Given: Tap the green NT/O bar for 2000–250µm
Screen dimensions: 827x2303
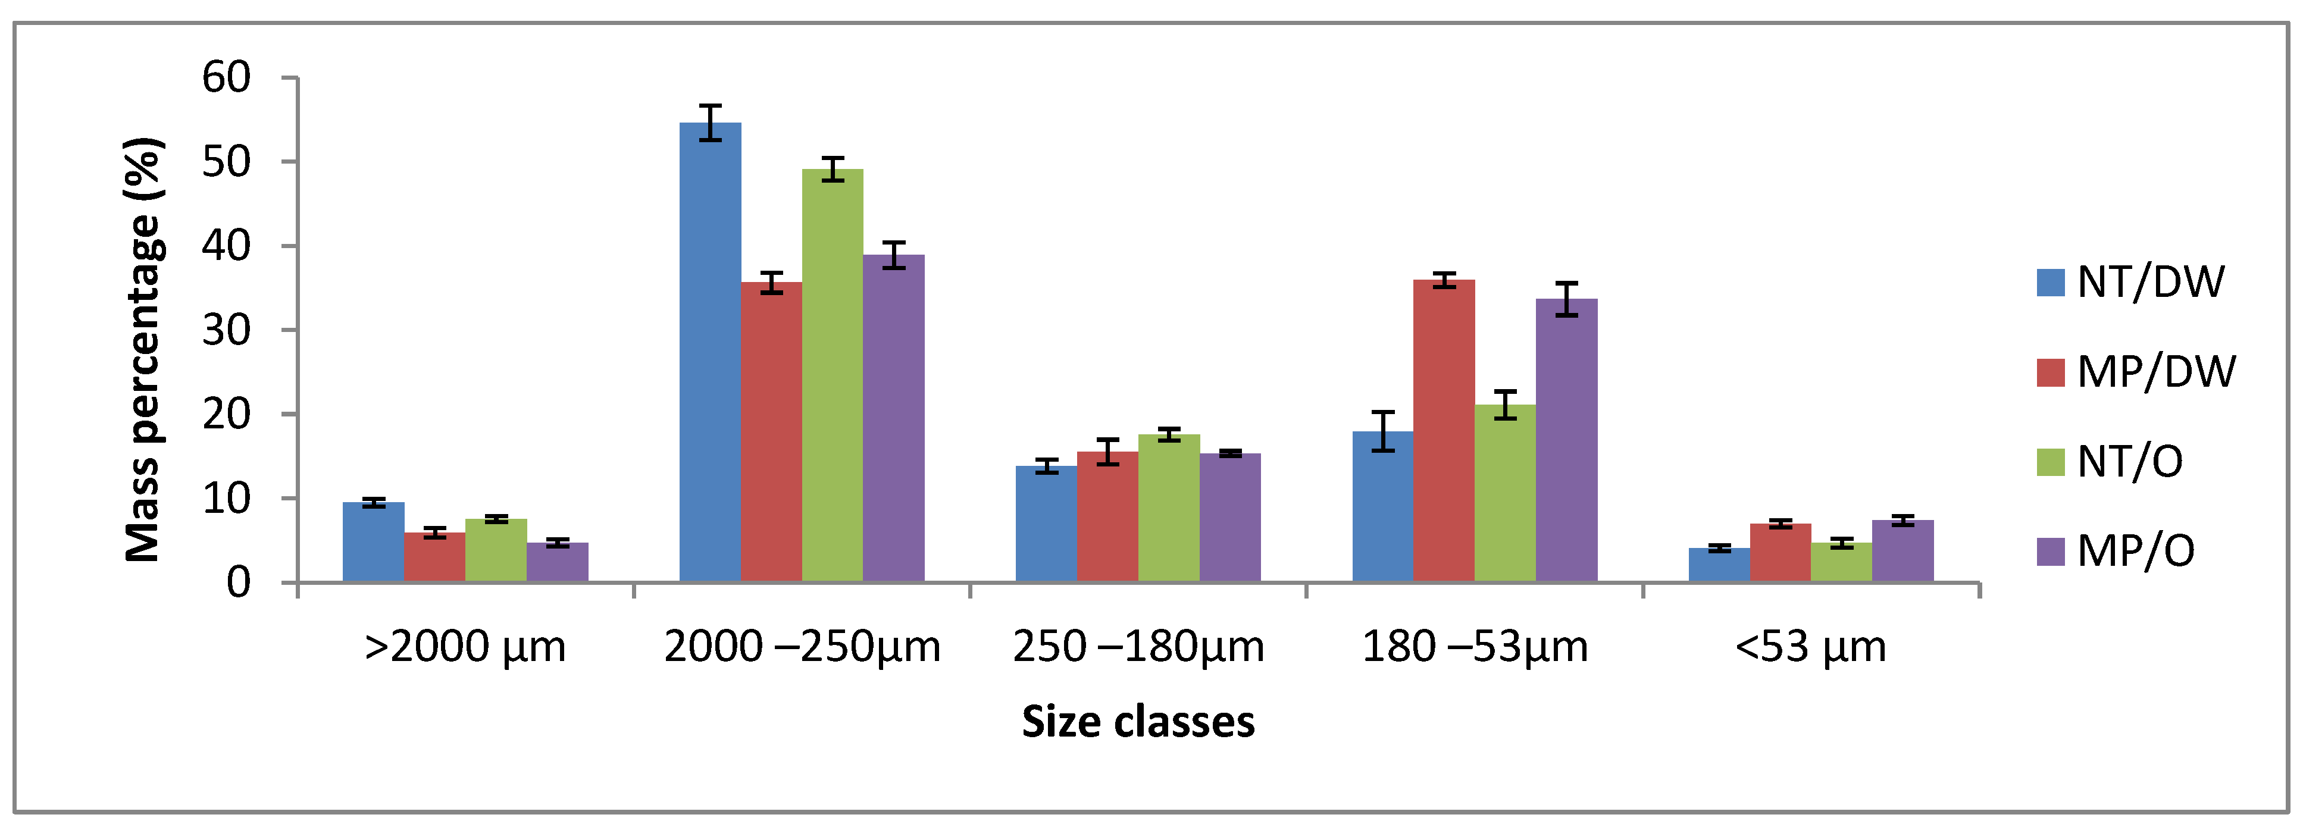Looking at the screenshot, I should click(833, 375).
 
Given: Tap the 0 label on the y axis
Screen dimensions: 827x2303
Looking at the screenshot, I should click(239, 583).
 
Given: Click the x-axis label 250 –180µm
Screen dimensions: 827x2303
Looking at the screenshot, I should click(1138, 646).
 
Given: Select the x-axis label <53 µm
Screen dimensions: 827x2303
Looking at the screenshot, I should click(1810, 646).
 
